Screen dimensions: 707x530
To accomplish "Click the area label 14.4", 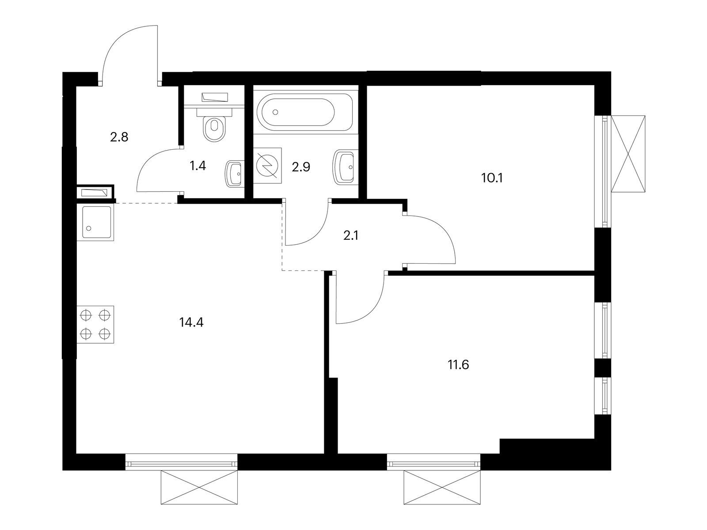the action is (191, 322).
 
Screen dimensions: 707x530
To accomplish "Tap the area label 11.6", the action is (458, 365).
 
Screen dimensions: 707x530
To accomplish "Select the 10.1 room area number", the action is (492, 178).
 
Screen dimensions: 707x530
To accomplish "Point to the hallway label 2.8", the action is (119, 137).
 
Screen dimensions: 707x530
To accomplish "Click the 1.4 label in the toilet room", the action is (198, 166).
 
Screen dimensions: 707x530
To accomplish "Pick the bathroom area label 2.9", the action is (301, 167).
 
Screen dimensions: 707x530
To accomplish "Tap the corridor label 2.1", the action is (351, 236).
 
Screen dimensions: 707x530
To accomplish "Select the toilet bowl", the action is (214, 125).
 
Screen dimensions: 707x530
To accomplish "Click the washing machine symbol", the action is (267, 165).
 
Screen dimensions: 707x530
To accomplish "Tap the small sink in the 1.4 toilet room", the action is (236, 174).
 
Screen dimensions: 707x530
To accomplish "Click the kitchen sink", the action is (95, 223).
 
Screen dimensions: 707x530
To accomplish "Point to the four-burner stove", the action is (95, 324).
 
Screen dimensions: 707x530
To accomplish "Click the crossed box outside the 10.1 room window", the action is (628, 154).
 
